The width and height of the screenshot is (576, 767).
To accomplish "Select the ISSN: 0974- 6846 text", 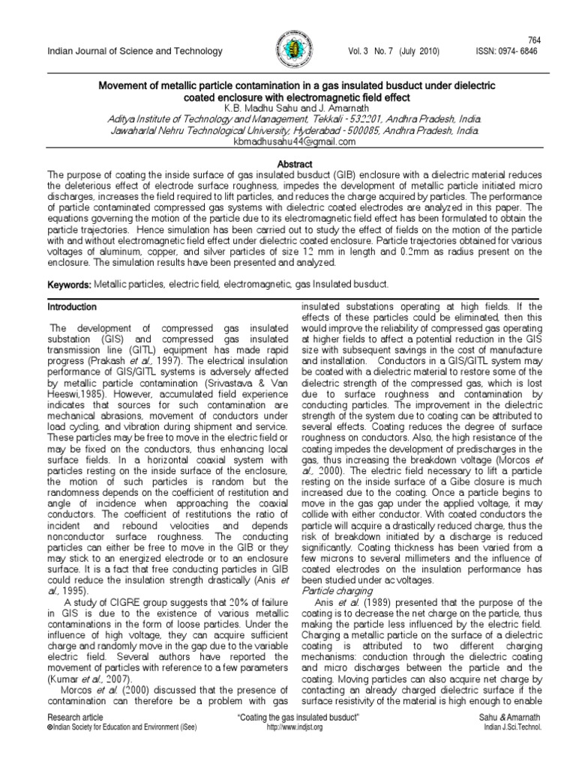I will [x=508, y=51].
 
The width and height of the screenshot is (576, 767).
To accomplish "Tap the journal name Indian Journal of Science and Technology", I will [x=135, y=51].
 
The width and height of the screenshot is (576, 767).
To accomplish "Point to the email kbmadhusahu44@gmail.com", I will [x=288, y=142].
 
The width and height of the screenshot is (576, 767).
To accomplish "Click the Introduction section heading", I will [x=72, y=307].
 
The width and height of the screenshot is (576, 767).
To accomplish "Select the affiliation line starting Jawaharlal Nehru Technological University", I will [x=288, y=130].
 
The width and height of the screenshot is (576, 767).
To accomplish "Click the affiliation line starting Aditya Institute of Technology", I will [x=288, y=120].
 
